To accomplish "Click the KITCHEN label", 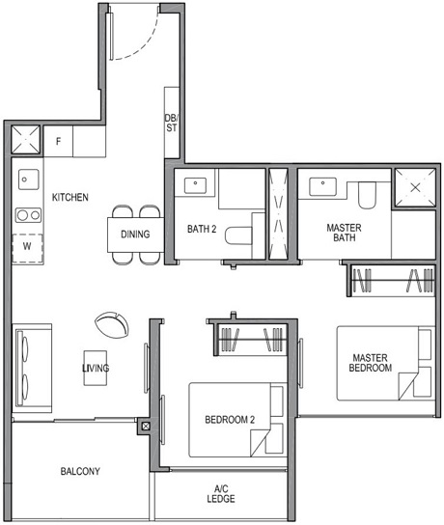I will (69, 198).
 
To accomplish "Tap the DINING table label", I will (135, 235).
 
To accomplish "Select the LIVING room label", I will (96, 369).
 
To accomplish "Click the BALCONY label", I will (80, 472).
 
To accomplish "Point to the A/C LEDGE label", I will (220, 493).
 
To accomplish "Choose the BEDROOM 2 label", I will (230, 420).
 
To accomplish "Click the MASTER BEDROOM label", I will (372, 362).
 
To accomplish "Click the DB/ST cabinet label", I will (171, 121).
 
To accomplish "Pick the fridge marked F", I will (59, 142).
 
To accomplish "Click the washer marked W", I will (27, 246).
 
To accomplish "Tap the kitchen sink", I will (27, 180).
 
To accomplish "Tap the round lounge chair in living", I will (111, 322).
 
